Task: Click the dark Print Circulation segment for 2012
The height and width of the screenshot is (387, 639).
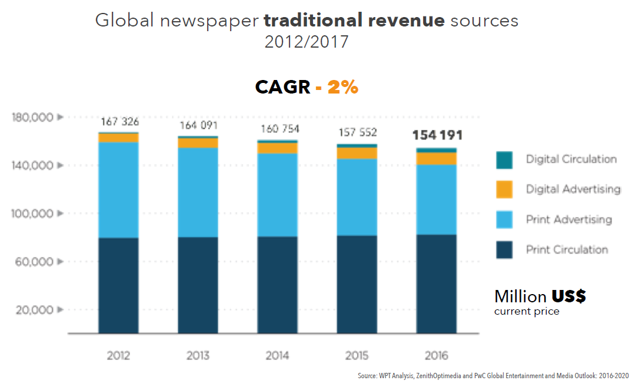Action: (118, 285)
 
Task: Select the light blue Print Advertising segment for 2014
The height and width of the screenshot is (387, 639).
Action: (278, 195)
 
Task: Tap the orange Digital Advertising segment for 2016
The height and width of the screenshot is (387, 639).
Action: (437, 158)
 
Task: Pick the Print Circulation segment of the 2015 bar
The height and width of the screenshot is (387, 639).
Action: (357, 284)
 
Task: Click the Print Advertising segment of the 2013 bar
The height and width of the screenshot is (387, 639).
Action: (198, 192)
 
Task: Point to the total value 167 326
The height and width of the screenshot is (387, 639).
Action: (119, 122)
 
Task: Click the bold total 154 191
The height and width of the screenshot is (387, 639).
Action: (437, 135)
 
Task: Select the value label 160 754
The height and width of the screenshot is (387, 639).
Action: (278, 129)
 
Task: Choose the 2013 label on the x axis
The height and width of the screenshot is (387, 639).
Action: (198, 356)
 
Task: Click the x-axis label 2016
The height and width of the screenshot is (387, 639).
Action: (437, 356)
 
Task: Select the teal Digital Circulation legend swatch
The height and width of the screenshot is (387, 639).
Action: (504, 159)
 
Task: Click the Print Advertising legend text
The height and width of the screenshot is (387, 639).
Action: (569, 219)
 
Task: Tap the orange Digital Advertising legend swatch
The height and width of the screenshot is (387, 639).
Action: (504, 189)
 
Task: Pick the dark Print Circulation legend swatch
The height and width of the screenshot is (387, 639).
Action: (504, 249)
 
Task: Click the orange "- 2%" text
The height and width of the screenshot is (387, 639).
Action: (337, 87)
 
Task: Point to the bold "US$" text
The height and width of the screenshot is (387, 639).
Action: (568, 296)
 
